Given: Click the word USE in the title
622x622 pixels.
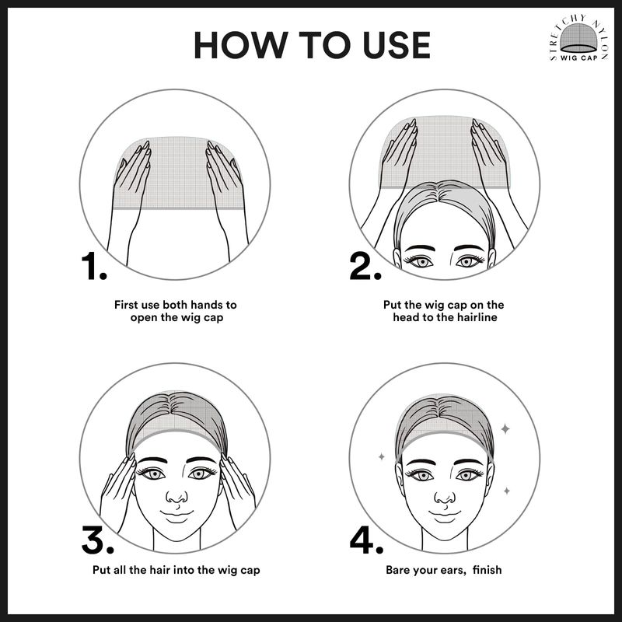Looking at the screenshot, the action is tap(397, 45).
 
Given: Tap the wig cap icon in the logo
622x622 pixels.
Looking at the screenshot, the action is tap(578, 38).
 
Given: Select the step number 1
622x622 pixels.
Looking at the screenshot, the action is tap(94, 265).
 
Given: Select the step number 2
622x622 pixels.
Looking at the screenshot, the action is tap(365, 265).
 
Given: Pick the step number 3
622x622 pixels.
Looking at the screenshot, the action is tap(98, 540).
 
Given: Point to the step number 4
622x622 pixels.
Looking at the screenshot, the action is tap(366, 540).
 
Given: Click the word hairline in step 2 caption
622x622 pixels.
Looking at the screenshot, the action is tap(477, 317).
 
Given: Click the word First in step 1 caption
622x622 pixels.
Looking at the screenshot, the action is tap(126, 305).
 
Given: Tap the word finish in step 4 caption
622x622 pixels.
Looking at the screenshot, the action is tap(487, 570).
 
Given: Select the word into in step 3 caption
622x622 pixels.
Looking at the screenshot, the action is tap(183, 570).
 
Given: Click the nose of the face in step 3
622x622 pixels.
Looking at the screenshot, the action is tap(176, 498).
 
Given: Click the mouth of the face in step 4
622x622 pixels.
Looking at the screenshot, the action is tap(445, 514).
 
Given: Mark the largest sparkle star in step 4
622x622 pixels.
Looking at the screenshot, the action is tap(505, 428).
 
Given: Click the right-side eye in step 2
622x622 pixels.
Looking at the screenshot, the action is tap(470, 261).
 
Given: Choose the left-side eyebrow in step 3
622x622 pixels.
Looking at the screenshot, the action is tap(152, 460).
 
